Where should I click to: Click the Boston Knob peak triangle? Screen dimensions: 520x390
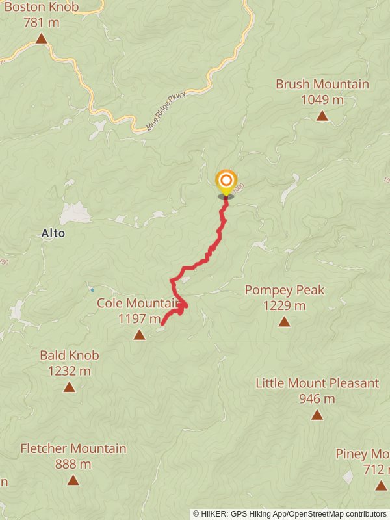[x=42, y=38]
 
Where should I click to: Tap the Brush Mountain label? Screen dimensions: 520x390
[x=322, y=84]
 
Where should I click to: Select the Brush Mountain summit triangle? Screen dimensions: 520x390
[x=322, y=116]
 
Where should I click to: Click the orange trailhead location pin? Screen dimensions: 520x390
[x=226, y=181]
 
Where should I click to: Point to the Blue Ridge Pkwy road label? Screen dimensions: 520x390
[x=166, y=111]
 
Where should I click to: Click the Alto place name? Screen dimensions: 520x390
[x=53, y=233]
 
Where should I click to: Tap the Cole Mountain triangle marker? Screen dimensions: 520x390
[x=139, y=335]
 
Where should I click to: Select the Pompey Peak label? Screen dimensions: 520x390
[x=284, y=290]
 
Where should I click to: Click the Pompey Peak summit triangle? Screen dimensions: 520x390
[x=284, y=321]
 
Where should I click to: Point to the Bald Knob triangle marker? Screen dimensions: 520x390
[x=69, y=387]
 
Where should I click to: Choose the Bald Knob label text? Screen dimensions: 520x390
[x=69, y=356]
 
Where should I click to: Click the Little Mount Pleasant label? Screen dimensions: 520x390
[x=317, y=383]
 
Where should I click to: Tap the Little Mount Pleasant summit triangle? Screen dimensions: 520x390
[x=317, y=415]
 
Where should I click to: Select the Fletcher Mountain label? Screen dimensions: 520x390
[x=73, y=448]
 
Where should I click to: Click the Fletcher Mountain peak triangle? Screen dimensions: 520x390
[x=73, y=480]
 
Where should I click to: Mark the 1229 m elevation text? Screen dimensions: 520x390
[x=284, y=305]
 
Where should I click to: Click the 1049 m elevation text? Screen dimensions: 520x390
[x=322, y=100]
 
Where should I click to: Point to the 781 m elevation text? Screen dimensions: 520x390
[x=42, y=23]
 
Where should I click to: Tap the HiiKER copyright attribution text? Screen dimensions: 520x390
[x=290, y=514]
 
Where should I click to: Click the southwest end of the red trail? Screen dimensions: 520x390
[x=162, y=324]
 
